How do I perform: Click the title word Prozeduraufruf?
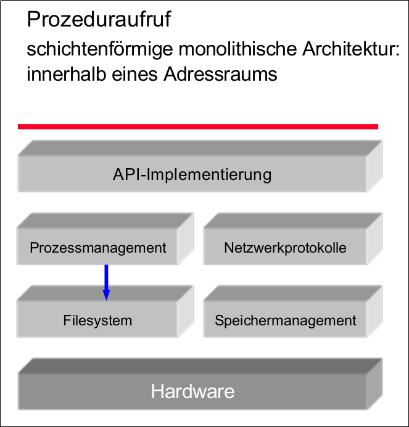99,20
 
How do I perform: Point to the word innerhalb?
60,75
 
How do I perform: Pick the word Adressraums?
221,75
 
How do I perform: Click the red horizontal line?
197,126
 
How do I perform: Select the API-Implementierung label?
192,174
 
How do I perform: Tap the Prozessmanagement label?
98,248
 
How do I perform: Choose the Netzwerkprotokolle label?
285,248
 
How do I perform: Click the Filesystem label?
97,320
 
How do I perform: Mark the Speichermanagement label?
285,320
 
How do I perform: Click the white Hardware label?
192,391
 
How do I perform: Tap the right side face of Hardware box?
374,385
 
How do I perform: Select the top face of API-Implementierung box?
197,148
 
